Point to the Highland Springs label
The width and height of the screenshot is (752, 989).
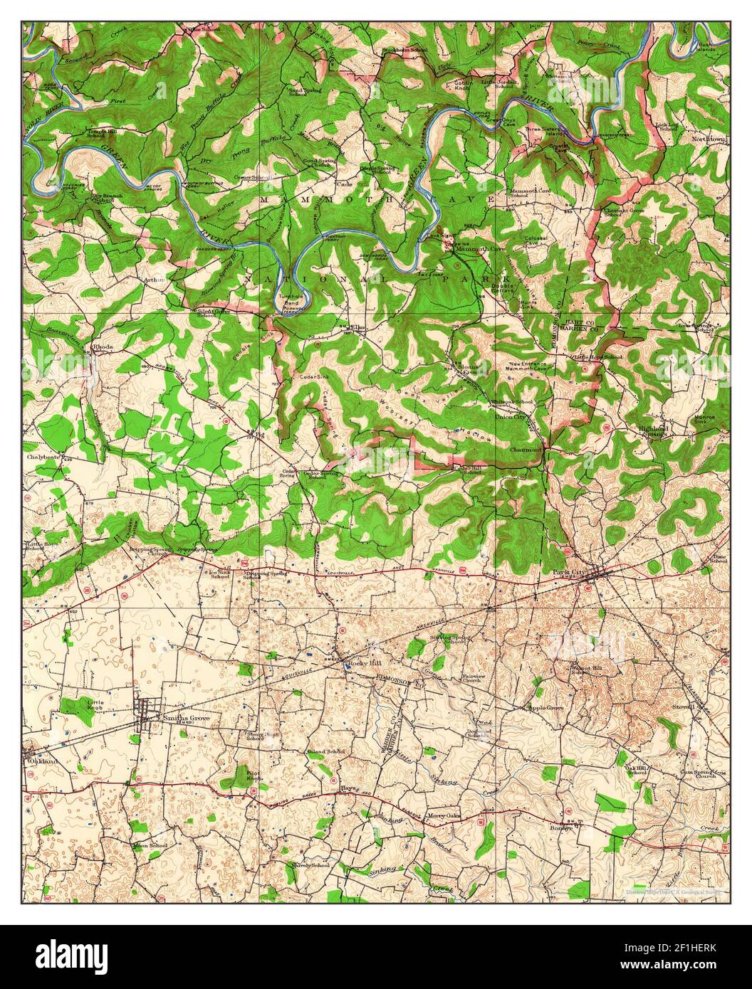click(x=654, y=430)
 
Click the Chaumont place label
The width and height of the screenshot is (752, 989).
click(x=526, y=450)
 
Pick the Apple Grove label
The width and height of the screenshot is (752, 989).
click(x=545, y=708)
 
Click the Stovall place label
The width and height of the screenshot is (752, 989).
click(x=683, y=707)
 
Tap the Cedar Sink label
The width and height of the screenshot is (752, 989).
click(x=314, y=376)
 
